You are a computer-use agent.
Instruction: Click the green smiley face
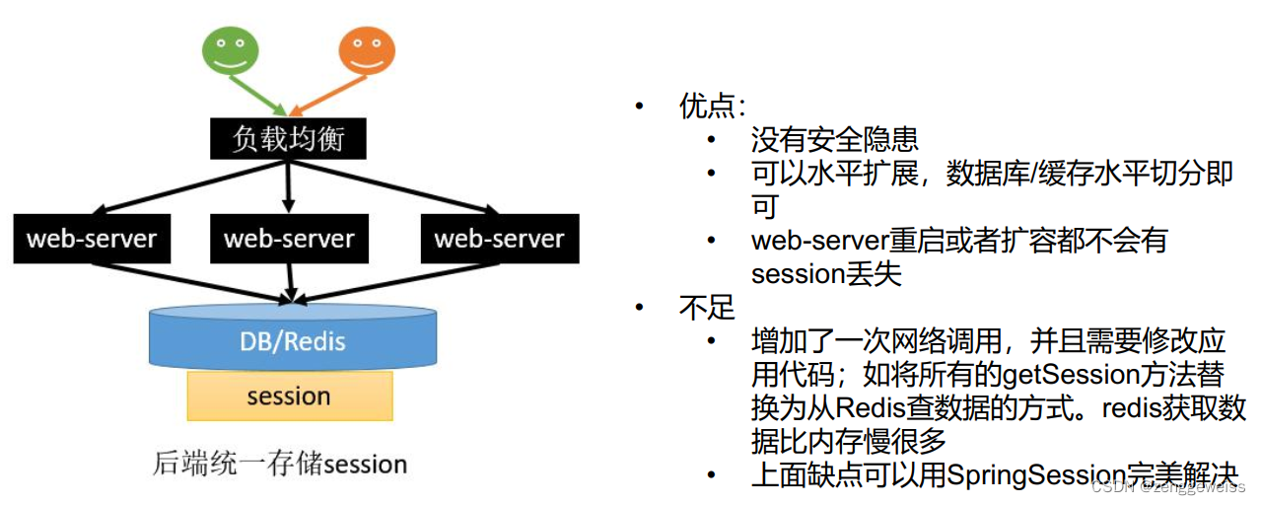[x=231, y=48]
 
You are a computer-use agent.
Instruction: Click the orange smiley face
[x=367, y=48]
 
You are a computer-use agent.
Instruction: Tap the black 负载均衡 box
[x=288, y=139]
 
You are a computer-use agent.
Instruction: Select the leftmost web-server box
[x=92, y=239]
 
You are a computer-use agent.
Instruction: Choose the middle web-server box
[x=289, y=239]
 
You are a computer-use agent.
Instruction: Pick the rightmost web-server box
[x=499, y=239]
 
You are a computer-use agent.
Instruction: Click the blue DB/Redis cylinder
[x=293, y=340]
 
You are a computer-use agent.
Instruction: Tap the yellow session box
[x=289, y=397]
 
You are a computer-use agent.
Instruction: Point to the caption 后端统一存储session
[x=280, y=463]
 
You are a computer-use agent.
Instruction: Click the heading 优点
[x=712, y=107]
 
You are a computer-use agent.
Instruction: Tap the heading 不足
[x=707, y=308]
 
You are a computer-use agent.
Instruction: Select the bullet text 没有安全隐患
[x=834, y=140]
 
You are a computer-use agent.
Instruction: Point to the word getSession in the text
[x=1062, y=374]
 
